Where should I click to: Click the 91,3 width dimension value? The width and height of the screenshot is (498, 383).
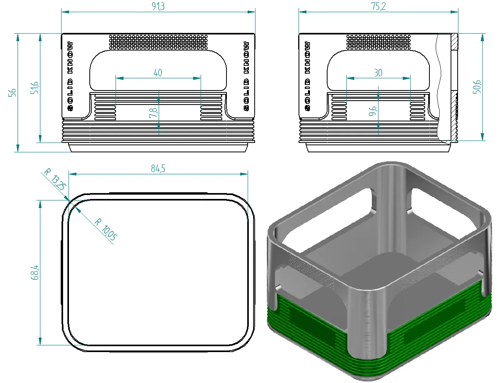158,6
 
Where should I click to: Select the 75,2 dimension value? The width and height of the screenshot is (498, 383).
378,6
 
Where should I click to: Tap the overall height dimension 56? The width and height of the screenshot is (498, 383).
12,93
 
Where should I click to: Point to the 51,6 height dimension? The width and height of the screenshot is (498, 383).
34,88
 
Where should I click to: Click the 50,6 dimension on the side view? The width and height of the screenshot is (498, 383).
477,87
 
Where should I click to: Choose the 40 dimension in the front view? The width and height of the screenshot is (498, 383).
158,73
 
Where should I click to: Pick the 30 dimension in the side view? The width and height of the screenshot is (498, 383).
378,73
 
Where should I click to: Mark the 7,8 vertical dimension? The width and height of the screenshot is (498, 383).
153,113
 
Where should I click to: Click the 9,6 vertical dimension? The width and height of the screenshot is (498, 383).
373,111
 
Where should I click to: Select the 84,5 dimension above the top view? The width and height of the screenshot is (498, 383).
158,168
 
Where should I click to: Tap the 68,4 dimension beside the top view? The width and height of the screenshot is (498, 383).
34,273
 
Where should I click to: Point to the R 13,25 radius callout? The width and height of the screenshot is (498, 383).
55,179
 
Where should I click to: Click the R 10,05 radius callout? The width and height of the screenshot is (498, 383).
106,229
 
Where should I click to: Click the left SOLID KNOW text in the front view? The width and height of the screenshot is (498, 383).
71,76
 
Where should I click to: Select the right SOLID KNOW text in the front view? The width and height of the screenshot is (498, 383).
246,76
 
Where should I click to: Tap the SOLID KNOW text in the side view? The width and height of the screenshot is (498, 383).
308,76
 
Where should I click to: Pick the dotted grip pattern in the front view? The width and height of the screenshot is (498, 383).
158,42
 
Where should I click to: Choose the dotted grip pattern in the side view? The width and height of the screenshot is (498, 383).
378,42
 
